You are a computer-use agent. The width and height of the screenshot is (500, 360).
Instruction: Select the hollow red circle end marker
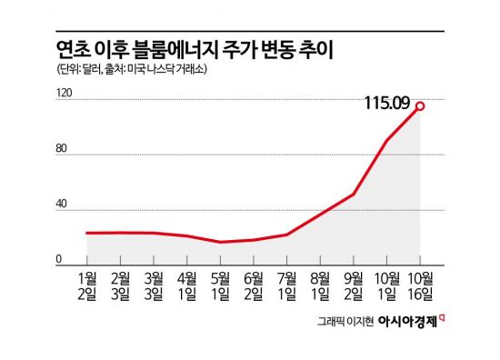[x=420, y=106]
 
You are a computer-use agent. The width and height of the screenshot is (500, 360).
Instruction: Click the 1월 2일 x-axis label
[x=88, y=284]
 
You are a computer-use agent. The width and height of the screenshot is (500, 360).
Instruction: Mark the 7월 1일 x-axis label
[x=287, y=284]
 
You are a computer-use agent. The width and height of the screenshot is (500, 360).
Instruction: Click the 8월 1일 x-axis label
[x=321, y=284]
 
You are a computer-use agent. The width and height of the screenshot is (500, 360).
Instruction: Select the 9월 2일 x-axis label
[x=354, y=284]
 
